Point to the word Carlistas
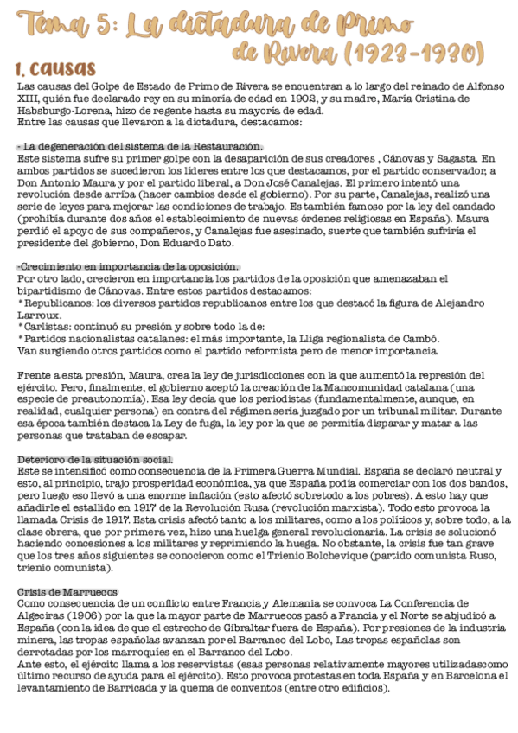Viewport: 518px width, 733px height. tap(48, 327)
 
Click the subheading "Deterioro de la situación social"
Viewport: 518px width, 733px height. tap(95, 458)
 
